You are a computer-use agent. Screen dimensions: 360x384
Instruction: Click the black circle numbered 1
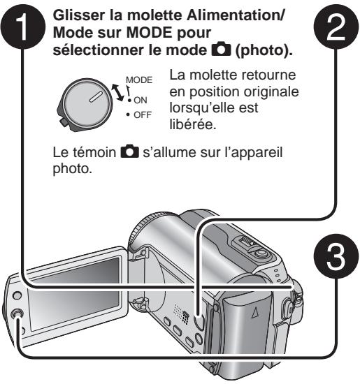click(23, 27)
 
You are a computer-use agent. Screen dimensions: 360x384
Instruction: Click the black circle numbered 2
click(336, 27)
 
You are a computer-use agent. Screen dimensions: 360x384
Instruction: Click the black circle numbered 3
click(336, 256)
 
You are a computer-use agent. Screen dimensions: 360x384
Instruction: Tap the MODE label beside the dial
click(139, 80)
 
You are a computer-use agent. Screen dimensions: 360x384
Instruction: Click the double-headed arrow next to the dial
click(117, 92)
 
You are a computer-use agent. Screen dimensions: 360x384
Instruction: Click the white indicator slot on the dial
click(96, 97)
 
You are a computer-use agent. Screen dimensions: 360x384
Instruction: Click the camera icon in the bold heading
click(221, 50)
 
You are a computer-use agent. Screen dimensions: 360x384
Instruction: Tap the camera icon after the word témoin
click(130, 152)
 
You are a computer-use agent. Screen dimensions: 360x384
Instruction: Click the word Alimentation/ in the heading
click(235, 15)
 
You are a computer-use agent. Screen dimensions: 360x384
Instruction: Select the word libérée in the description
click(193, 124)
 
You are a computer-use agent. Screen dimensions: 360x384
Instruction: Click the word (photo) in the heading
click(264, 50)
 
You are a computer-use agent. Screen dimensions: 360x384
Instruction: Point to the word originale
click(271, 92)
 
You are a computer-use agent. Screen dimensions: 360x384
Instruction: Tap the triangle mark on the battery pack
click(255, 313)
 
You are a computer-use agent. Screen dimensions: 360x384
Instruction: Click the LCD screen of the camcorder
click(73, 294)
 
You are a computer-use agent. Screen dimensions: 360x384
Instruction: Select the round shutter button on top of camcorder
click(261, 252)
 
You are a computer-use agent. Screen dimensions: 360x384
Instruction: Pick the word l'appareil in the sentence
click(253, 153)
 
